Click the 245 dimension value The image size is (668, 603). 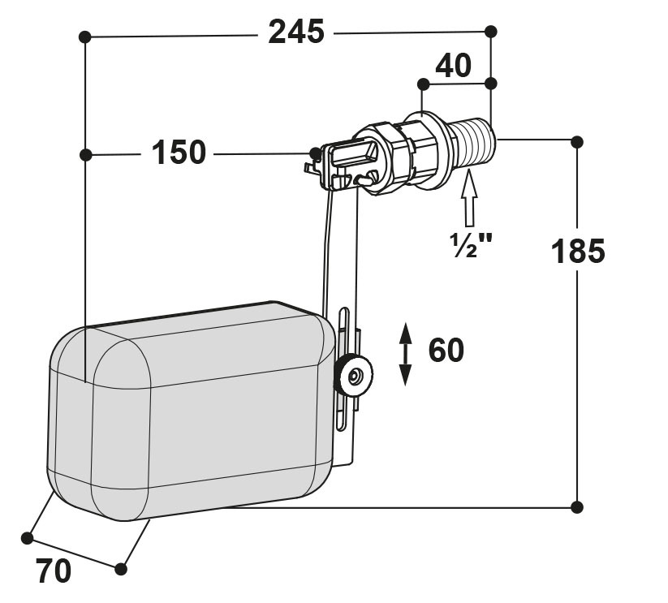(296, 32)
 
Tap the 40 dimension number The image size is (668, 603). (453, 66)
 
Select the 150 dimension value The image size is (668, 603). (179, 152)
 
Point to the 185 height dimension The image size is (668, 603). (578, 251)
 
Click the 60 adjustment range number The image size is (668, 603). (446, 350)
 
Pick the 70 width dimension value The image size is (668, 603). (54, 571)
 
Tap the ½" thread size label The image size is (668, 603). (470, 245)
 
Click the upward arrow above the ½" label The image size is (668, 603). (469, 197)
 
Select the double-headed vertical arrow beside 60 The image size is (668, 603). (405, 355)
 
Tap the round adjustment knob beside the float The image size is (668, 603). (353, 376)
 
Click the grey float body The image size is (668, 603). (192, 411)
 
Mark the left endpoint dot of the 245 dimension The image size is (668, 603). (84, 37)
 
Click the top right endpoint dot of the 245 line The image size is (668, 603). (491, 31)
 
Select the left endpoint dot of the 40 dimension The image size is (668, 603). (423, 84)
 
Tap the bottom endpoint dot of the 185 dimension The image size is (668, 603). (577, 507)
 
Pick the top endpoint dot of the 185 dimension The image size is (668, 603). (577, 142)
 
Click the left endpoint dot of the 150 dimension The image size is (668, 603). (85, 154)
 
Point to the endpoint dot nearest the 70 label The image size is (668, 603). (27, 538)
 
